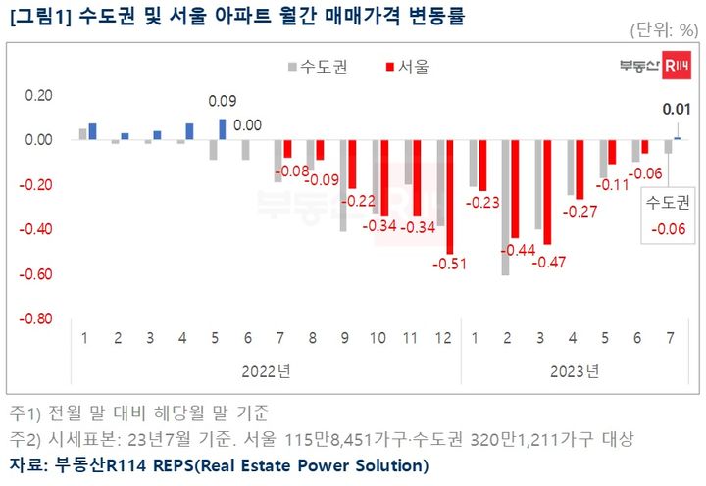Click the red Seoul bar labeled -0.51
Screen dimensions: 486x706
point(450,196)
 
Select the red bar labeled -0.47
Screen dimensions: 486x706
point(547,192)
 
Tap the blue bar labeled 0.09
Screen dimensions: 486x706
point(223,129)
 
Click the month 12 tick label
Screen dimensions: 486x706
point(443,338)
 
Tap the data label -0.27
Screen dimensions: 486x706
point(579,211)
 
